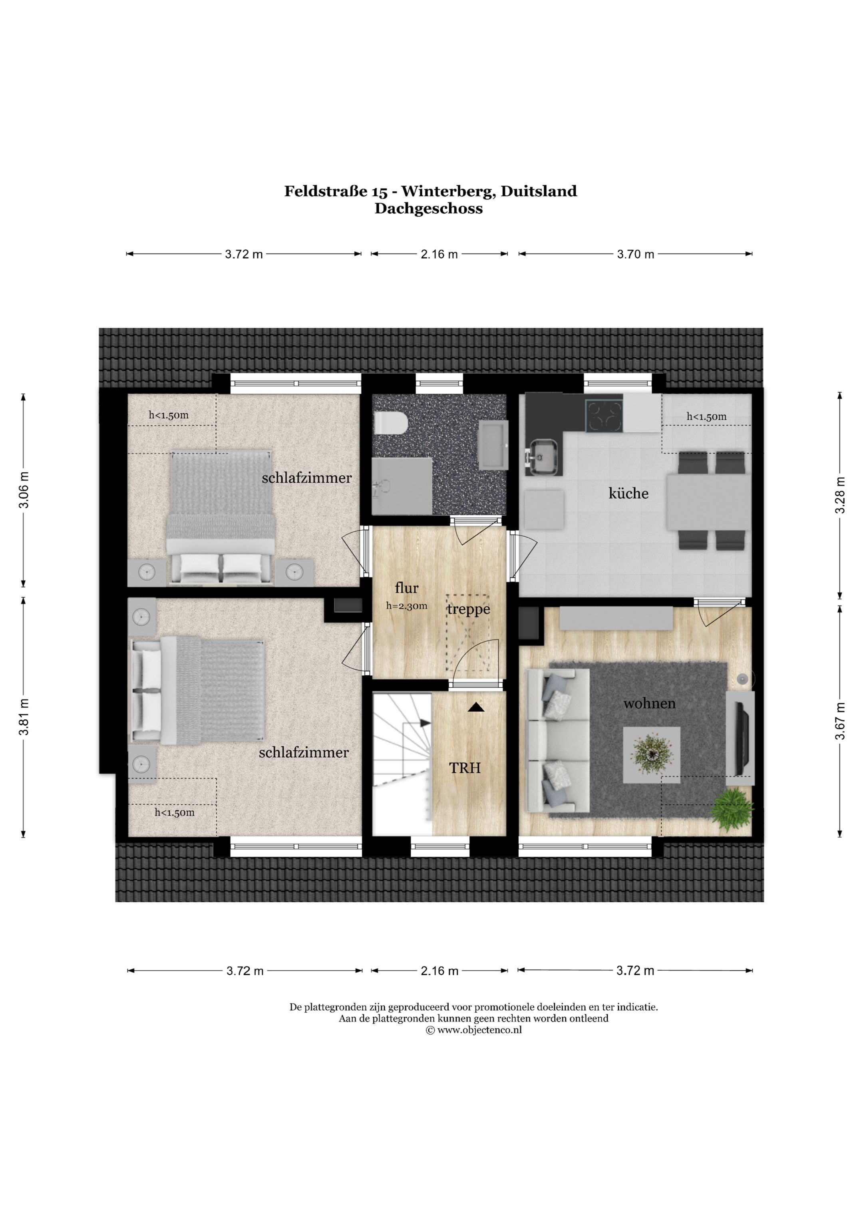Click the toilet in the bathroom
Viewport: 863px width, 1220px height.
click(x=391, y=424)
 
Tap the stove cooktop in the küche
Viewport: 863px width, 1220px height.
click(x=604, y=415)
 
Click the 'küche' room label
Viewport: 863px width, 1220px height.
click(x=628, y=493)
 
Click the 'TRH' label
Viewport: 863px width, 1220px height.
click(x=465, y=768)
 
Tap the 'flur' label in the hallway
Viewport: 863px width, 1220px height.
click(x=406, y=588)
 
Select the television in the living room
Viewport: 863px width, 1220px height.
click(x=741, y=738)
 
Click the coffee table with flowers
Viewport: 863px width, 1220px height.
click(x=652, y=754)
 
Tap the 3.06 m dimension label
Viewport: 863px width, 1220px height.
click(x=24, y=490)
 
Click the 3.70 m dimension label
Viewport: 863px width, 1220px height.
click(x=636, y=254)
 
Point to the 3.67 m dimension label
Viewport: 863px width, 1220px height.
click(x=839, y=721)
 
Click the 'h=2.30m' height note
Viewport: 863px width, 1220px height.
click(x=406, y=606)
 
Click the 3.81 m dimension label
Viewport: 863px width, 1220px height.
click(x=24, y=717)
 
